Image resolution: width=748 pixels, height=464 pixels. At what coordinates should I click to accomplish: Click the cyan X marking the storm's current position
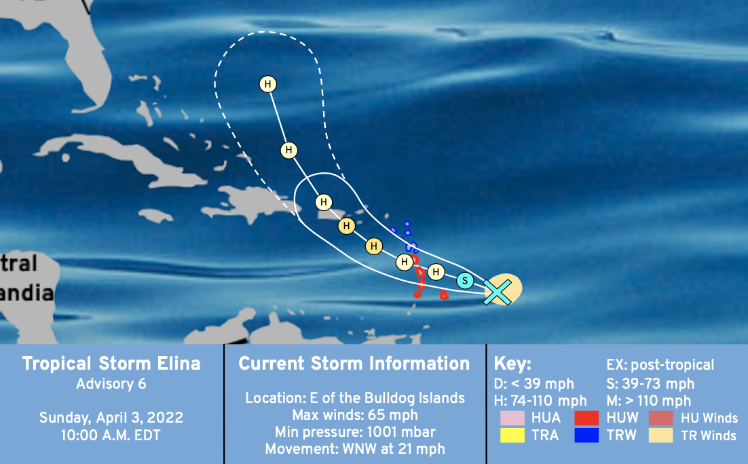coord(497,292)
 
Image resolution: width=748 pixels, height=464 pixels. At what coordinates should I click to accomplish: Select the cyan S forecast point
coord(465,281)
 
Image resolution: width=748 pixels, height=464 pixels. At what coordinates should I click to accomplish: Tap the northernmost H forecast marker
coord(268,84)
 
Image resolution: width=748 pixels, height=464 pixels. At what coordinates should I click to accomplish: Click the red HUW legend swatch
coord(586,418)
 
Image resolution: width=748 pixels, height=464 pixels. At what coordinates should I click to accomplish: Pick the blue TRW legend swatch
coord(586,436)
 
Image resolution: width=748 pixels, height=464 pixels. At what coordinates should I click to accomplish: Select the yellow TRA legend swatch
coord(512,436)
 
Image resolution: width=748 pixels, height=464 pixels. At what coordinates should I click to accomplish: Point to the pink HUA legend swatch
coord(512,418)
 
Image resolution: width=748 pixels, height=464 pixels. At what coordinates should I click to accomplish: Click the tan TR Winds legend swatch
coord(660,436)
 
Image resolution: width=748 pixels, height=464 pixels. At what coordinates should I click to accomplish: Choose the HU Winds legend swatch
coord(660,418)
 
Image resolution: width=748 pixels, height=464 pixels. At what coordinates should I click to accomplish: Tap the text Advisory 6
coord(111,384)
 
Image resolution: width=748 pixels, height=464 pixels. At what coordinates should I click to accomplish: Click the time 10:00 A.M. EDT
coord(111,436)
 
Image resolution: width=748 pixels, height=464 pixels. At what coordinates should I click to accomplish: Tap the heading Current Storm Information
coord(354,364)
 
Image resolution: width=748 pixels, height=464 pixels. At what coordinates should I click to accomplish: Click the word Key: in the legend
coord(512,364)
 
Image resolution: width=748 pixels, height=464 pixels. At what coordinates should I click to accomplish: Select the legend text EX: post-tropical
coord(660,365)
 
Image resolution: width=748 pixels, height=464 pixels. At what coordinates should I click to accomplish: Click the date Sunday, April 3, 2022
coord(111,418)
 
